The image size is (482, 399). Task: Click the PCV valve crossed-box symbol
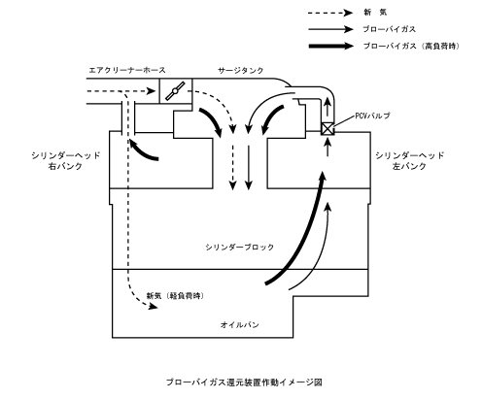point(327,129)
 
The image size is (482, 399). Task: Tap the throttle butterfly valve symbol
point(175,91)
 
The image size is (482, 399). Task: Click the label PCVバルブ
point(372,116)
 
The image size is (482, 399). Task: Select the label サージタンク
point(241,70)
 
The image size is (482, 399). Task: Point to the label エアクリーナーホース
point(127,70)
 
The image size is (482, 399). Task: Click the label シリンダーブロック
point(240,248)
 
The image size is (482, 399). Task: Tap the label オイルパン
point(240,324)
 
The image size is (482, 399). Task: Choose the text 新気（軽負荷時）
point(175,296)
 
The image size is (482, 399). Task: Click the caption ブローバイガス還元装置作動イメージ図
point(244,382)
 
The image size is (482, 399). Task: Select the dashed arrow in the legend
point(330,13)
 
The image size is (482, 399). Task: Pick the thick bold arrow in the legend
point(331,46)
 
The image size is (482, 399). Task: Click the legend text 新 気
point(375,13)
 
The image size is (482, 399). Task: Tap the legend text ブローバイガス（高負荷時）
point(411,46)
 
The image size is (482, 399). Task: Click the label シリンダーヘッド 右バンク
point(66,161)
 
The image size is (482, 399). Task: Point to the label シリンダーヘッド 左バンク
point(410,161)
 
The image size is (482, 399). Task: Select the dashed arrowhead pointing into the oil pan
point(153,307)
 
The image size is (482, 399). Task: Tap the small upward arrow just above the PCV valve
point(328,107)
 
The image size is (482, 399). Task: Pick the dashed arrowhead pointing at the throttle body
point(152,91)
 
